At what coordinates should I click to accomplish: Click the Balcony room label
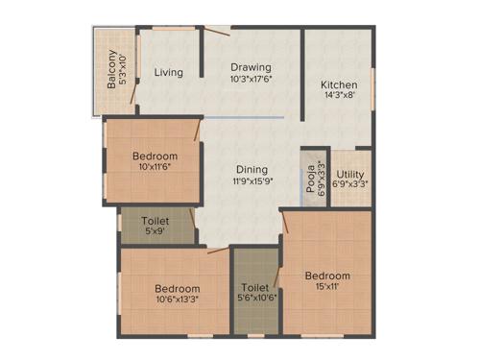(x=112, y=69)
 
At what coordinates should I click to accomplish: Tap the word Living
(x=169, y=72)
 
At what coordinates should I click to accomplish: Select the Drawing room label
(x=251, y=67)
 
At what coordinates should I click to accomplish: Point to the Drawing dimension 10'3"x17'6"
(x=251, y=80)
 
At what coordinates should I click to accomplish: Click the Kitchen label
(x=339, y=84)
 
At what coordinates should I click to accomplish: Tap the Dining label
(x=249, y=167)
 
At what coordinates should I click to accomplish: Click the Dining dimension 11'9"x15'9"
(x=249, y=180)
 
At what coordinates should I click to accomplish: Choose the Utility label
(x=351, y=174)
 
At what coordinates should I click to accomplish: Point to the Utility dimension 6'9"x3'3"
(x=351, y=185)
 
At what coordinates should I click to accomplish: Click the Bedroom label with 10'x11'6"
(x=155, y=156)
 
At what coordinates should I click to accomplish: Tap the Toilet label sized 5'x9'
(x=156, y=220)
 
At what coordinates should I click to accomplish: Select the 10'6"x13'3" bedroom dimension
(x=178, y=300)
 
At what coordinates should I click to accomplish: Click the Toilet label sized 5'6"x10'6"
(x=255, y=287)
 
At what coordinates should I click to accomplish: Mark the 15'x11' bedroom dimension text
(x=326, y=287)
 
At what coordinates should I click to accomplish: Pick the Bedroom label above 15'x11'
(x=326, y=276)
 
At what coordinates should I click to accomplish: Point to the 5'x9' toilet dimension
(x=156, y=231)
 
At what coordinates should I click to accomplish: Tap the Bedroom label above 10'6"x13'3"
(x=178, y=288)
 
